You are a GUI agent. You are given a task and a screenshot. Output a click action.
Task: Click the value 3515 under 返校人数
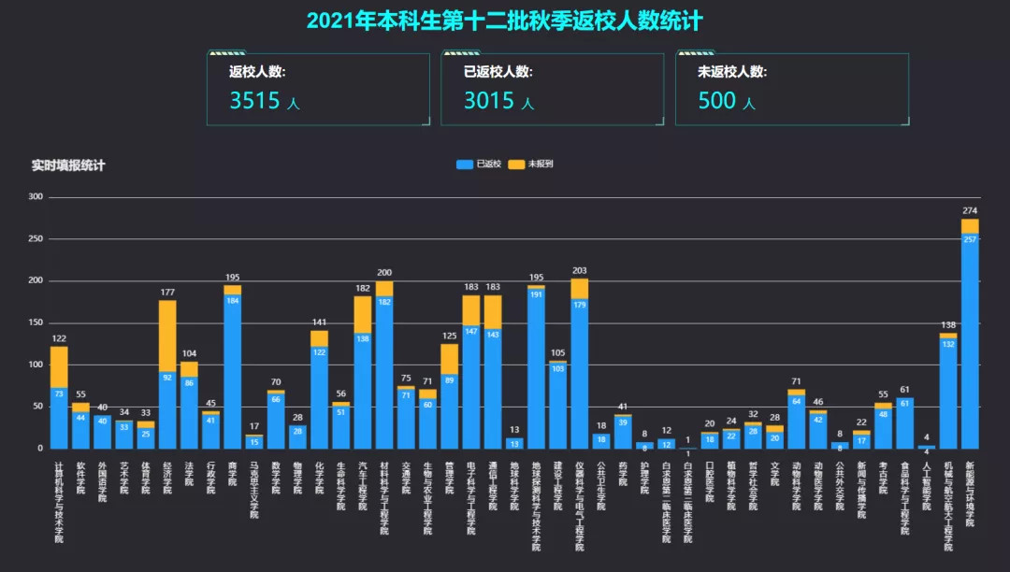click(x=255, y=100)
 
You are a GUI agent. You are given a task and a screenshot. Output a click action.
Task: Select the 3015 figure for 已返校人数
click(x=489, y=100)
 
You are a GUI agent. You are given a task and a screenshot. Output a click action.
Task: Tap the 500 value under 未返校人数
click(x=717, y=100)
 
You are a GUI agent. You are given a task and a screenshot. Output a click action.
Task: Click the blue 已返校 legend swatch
click(x=465, y=164)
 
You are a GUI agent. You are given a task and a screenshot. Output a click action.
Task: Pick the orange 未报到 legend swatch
click(x=516, y=164)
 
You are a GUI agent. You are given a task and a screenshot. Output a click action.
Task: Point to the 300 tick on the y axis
click(x=36, y=197)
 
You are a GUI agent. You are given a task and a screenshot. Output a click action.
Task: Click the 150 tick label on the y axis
click(x=36, y=322)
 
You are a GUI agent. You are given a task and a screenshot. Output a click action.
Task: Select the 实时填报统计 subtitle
click(x=68, y=165)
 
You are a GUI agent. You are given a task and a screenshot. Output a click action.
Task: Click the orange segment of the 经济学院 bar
click(x=167, y=336)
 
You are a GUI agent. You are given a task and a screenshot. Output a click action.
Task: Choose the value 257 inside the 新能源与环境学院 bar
click(x=970, y=240)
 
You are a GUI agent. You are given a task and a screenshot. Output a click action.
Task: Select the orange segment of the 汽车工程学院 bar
click(x=363, y=314)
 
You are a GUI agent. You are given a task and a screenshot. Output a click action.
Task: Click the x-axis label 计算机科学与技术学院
click(x=59, y=501)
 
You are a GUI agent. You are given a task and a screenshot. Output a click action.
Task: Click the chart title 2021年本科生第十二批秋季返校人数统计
click(x=504, y=21)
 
